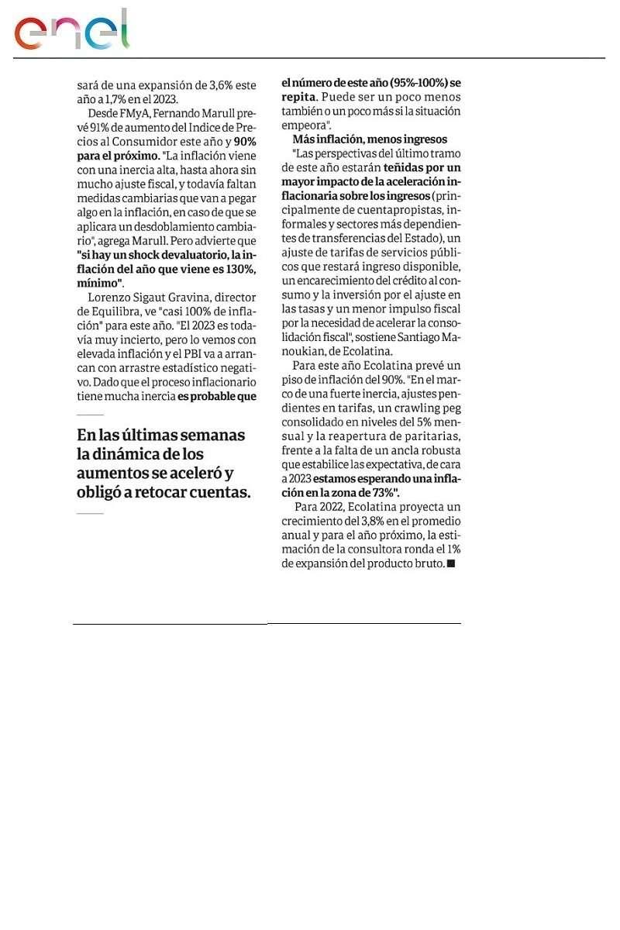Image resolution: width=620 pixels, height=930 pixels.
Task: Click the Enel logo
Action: [71, 31]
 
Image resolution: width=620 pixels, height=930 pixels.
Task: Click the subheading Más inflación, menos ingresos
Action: [370, 139]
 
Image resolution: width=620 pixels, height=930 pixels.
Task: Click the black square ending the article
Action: [451, 564]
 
